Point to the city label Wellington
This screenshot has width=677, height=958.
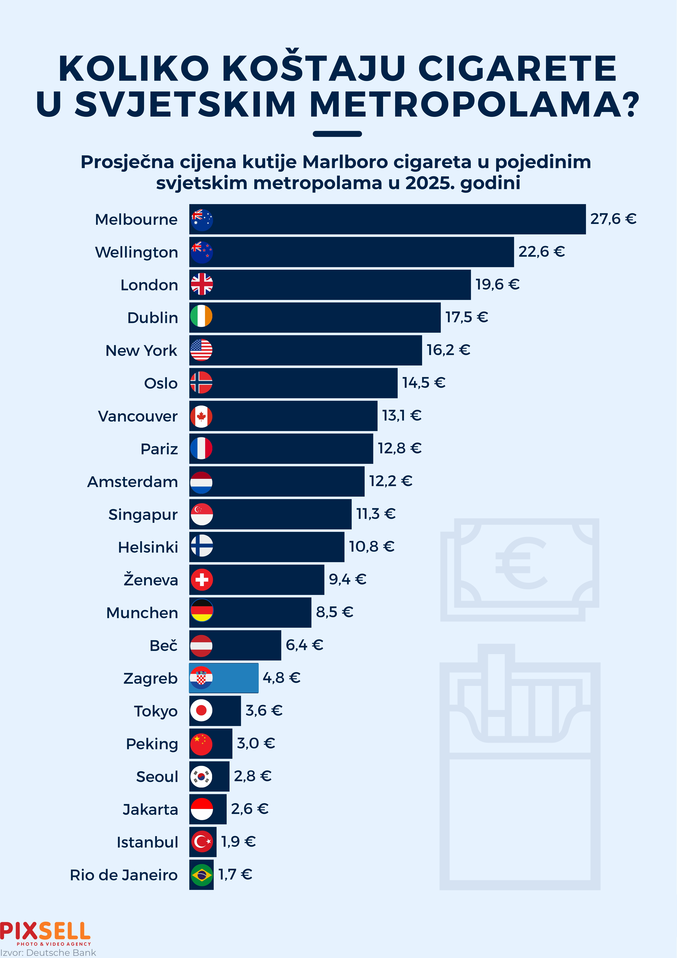tap(136, 252)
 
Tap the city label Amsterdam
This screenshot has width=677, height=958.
tap(132, 482)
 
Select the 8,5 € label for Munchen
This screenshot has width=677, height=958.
tap(334, 612)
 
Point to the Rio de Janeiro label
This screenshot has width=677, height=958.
tap(124, 875)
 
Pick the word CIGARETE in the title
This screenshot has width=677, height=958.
tap(517, 69)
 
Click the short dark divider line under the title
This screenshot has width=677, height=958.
tap(337, 134)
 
